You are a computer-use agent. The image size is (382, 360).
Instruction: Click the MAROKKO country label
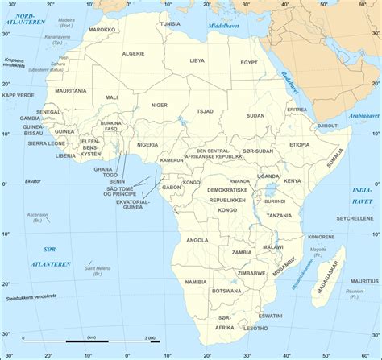pos(102,29)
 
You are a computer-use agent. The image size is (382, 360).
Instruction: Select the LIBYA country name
pos(197,60)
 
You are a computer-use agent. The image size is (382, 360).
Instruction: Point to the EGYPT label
pos(248,62)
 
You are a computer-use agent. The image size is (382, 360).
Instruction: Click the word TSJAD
pos(206,111)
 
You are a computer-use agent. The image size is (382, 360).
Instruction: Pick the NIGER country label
pos(160,105)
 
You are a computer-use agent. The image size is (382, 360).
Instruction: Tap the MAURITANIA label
pos(72,91)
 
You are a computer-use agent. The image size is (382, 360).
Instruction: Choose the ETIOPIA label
pos(299,144)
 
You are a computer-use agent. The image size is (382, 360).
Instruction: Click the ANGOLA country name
pos(197,240)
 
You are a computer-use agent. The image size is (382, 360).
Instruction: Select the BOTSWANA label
pos(226,290)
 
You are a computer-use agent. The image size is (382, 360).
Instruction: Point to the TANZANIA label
pos(279,216)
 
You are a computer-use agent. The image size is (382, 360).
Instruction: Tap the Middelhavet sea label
pos(225,27)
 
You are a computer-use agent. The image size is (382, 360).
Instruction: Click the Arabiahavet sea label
pos(363,115)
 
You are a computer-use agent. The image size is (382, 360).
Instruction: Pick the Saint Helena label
pos(98,268)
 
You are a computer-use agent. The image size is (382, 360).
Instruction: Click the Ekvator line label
pos(32,180)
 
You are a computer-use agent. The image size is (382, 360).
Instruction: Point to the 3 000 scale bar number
pos(149,337)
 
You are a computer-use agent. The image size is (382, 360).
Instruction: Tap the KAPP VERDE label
pos(19,95)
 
